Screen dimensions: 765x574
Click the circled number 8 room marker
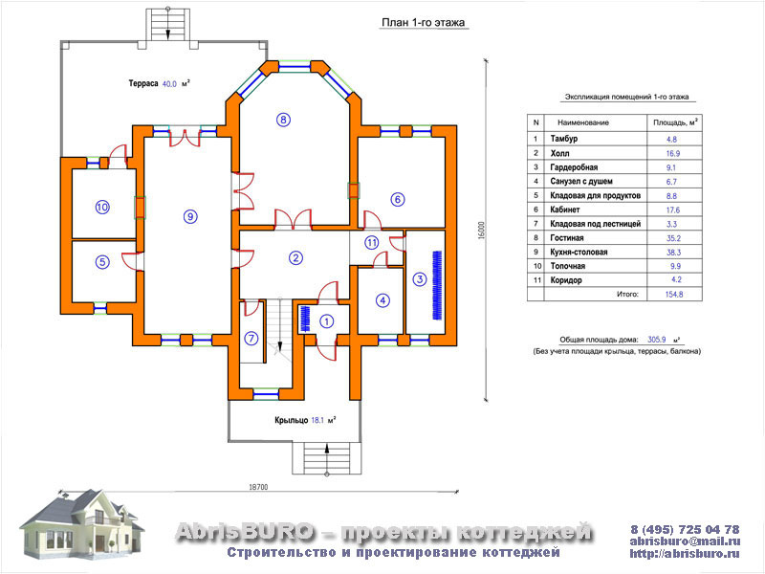(283, 120)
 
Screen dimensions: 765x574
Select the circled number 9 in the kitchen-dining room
(190, 216)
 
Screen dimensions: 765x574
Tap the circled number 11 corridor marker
(372, 243)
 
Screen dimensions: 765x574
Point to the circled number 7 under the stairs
(251, 339)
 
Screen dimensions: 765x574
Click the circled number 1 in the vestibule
(326, 321)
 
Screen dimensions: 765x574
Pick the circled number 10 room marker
(102, 207)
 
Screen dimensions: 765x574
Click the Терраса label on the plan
(143, 83)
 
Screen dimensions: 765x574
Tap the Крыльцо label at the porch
(292, 420)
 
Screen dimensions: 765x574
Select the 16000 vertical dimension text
(482, 231)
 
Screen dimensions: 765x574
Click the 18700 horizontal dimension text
(258, 487)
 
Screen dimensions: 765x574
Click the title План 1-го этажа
(423, 22)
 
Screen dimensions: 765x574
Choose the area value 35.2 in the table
(674, 238)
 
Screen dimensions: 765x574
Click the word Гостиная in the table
(567, 237)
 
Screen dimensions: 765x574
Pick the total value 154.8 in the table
(674, 295)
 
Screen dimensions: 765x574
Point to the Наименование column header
(583, 122)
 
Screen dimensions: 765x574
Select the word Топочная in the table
(567, 266)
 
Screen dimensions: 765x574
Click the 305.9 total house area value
(657, 340)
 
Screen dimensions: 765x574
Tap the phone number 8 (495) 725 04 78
(685, 529)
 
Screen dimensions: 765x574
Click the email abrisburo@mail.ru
(685, 541)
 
